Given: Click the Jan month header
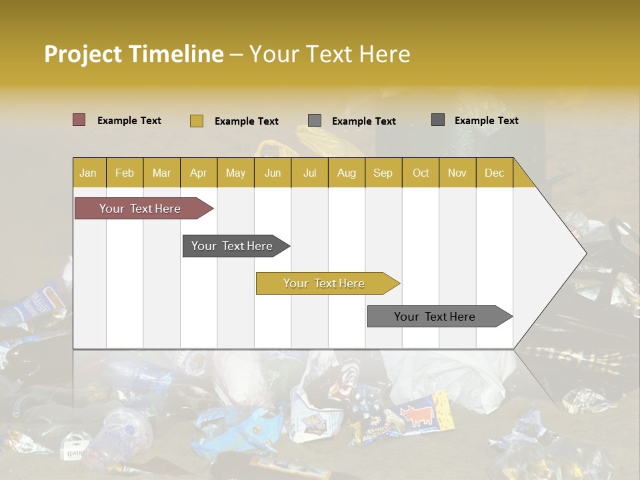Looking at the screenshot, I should tap(89, 173).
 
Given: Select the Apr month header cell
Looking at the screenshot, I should tap(198, 173).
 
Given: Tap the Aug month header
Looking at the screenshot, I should tap(346, 173).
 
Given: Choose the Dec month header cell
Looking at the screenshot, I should tap(494, 173).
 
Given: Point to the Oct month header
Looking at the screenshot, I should tap(421, 173).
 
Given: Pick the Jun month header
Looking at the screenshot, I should tap(273, 173).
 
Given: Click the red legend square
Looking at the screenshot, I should tap(79, 120).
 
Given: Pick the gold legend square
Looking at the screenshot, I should tap(196, 121).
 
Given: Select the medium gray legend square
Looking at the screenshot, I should tap(315, 121).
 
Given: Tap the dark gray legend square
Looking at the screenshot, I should tap(437, 120).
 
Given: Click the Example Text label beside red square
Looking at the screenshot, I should tap(129, 121).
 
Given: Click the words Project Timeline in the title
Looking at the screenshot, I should tap(133, 54).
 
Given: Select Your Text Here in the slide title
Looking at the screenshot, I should tap(329, 54).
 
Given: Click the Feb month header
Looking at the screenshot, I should tap(125, 173).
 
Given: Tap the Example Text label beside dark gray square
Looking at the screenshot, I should tap(486, 121).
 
